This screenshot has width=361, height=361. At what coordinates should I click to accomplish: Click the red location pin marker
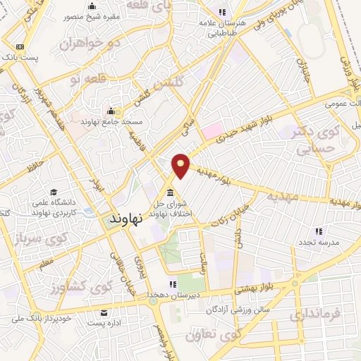coord(181,165)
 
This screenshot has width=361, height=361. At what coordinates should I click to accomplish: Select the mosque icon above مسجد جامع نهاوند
coord(110,111)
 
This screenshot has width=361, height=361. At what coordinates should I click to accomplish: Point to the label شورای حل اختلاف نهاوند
coord(171,209)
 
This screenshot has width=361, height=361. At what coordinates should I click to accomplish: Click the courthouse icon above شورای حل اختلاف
coord(170,193)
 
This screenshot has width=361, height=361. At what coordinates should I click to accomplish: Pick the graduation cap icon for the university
coord(54,192)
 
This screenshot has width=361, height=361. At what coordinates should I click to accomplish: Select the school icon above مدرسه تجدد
coord(319,231)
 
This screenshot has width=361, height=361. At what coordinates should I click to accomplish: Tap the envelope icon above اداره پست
coord(104,312)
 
